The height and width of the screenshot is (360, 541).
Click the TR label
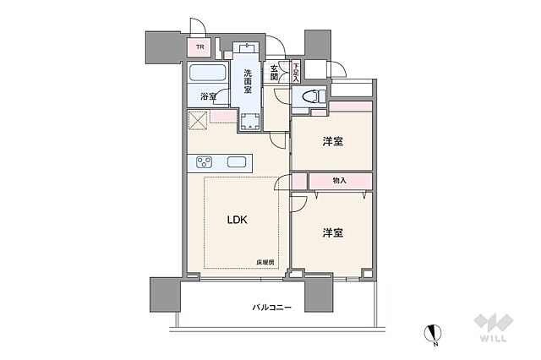click(201, 48)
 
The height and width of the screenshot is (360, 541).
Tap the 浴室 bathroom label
click(207, 97)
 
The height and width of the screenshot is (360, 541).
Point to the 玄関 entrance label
click(276, 73)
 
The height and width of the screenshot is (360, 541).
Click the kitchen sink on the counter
click(236, 162)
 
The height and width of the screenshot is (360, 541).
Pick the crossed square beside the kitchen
click(199, 123)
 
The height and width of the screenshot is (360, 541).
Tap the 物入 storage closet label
click(339, 181)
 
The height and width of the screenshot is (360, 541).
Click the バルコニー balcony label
click(272, 308)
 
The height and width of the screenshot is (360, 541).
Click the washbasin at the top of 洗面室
click(249, 48)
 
